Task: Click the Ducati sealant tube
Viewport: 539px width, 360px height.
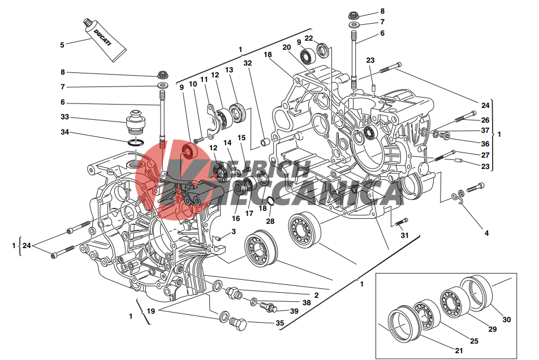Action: pos(105,40)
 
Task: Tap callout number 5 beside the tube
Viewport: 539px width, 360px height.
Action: pos(62,45)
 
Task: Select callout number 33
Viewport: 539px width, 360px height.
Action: pos(64,117)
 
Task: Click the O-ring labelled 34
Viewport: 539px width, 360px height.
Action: pos(136,142)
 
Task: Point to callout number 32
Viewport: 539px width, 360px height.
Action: pos(248,63)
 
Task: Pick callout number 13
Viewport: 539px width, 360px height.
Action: pos(229,70)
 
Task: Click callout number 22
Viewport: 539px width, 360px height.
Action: pos(309,38)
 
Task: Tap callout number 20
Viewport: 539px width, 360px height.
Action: pos(287,47)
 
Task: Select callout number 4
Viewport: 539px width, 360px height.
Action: pos(486,233)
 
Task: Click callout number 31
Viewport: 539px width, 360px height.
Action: pos(404,235)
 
